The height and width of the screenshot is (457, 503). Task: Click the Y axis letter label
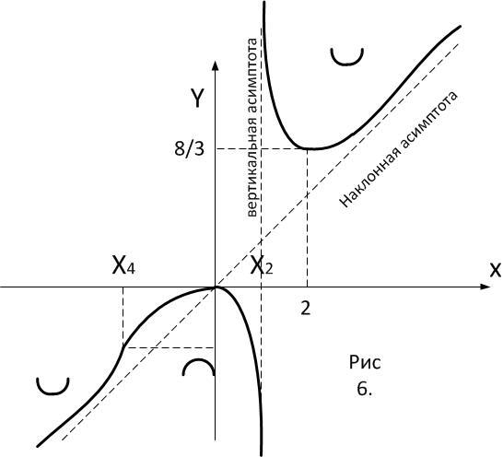pyautogui.click(x=196, y=98)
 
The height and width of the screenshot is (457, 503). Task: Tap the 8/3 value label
pyautogui.click(x=189, y=148)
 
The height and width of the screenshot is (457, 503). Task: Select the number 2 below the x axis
pyautogui.click(x=306, y=309)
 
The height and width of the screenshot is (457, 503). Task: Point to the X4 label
pyautogui.click(x=123, y=265)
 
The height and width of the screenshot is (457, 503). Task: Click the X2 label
pyautogui.click(x=262, y=265)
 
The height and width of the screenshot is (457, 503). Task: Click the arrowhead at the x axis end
pyautogui.click(x=485, y=287)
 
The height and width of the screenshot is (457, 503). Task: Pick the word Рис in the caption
pyautogui.click(x=365, y=363)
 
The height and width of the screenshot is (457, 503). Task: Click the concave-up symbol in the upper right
pyautogui.click(x=347, y=59)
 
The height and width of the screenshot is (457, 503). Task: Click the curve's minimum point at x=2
pyautogui.click(x=308, y=148)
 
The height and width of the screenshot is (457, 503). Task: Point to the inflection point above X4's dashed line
pyautogui.click(x=123, y=347)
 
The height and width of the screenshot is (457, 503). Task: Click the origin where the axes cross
pyautogui.click(x=216, y=287)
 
